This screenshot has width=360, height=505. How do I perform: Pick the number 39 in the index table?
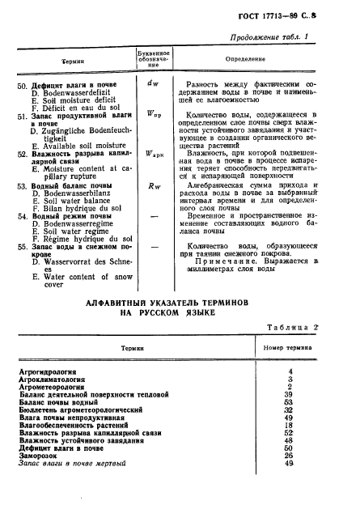pos(289,393)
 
